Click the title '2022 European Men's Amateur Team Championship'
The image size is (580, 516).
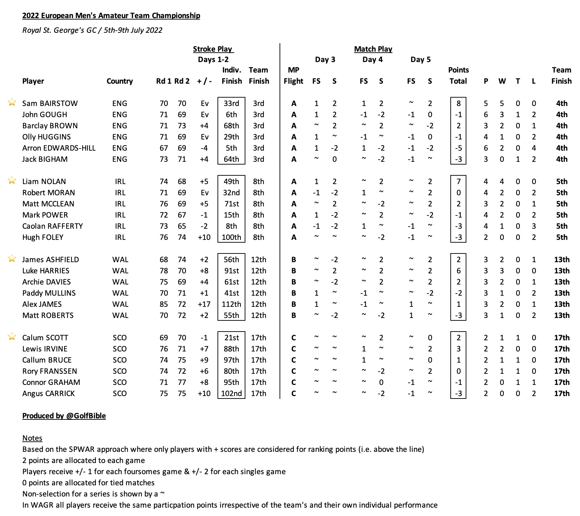pos(111,16)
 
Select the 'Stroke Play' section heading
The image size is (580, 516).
pos(213,49)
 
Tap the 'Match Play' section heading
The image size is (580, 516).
pos(373,49)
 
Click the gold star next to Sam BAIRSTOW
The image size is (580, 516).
pos(12,102)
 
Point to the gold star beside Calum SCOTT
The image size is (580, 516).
pos(12,336)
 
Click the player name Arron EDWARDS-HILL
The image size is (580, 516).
pos(59,148)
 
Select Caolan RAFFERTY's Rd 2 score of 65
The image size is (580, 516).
pos(182,226)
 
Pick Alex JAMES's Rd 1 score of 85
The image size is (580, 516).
pos(164,304)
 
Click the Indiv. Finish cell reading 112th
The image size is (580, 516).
pos(231,304)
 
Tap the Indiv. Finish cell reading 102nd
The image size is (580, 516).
pos(231,394)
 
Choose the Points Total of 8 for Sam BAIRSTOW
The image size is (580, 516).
pos(458,104)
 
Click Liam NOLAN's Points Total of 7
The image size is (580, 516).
pos(458,182)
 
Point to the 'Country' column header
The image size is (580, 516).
pos(120,81)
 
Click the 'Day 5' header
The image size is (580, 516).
pos(420,60)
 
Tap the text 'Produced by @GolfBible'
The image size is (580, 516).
pos(64,416)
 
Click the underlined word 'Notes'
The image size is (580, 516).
pos(32,438)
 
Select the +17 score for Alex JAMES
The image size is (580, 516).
pos(204,304)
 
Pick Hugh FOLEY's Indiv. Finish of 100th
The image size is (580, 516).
pos(231,237)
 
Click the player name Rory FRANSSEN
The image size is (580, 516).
pos(50,371)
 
